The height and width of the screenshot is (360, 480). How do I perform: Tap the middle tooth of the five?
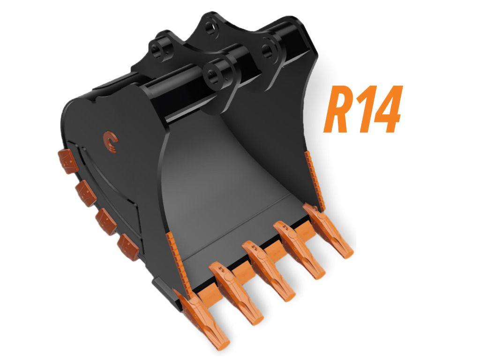click(x=269, y=271)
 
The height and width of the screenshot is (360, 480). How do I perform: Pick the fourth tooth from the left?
click(x=299, y=249)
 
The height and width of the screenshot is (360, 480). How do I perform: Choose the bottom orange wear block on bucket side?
click(x=128, y=247)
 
